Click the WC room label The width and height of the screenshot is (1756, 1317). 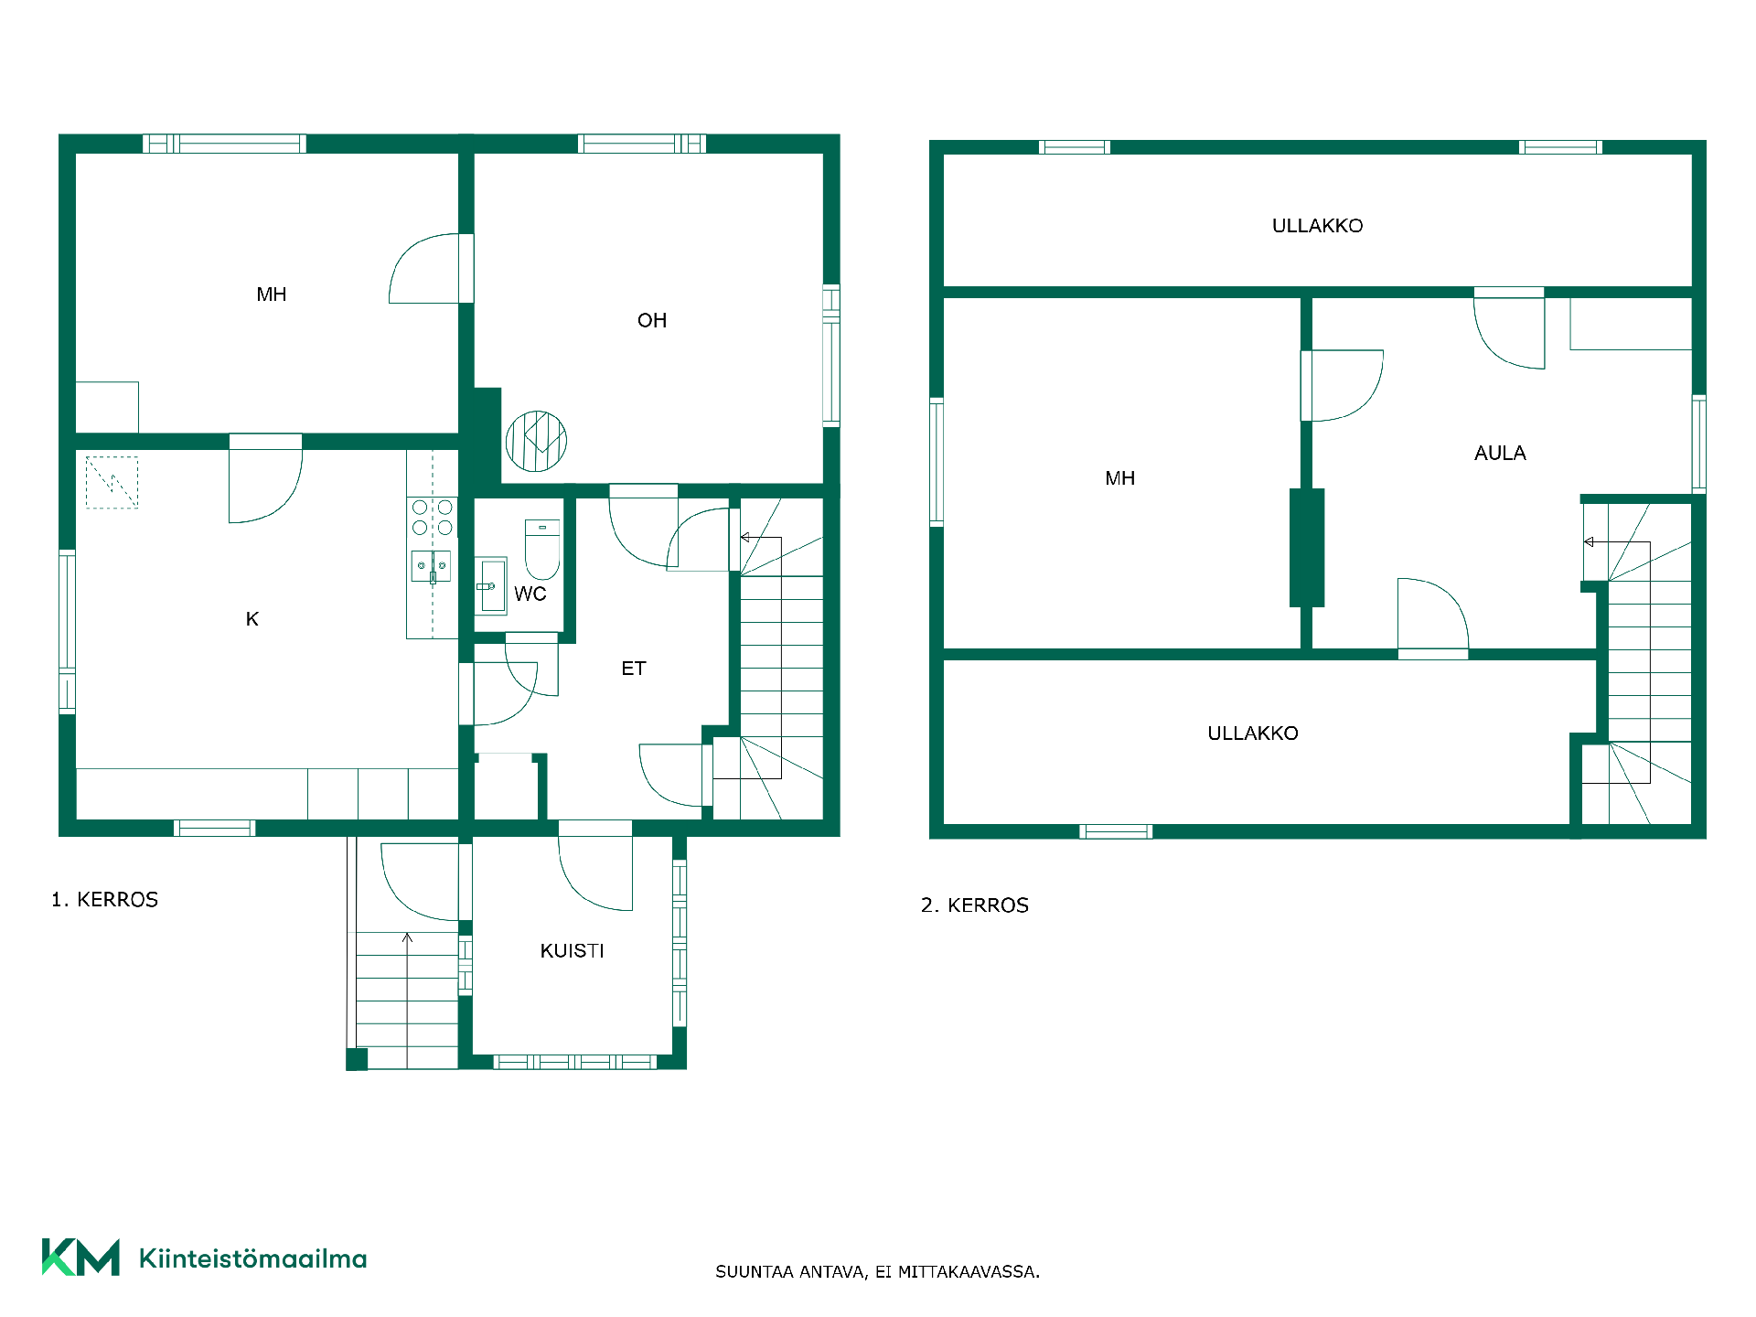click(x=530, y=594)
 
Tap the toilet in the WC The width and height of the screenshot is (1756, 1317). click(x=542, y=550)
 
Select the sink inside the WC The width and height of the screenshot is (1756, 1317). click(x=491, y=586)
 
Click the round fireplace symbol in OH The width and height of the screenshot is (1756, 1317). click(x=536, y=441)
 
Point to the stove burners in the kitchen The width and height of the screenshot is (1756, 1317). click(x=433, y=517)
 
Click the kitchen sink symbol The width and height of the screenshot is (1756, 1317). click(x=432, y=566)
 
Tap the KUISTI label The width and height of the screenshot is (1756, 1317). click(x=573, y=951)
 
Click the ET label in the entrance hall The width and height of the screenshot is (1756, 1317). click(x=634, y=669)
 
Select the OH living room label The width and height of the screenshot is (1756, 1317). click(x=652, y=320)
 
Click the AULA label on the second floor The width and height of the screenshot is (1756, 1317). click(x=1500, y=453)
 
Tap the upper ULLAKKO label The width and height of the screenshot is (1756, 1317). click(x=1317, y=226)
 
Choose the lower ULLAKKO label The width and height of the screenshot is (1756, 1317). click(x=1253, y=733)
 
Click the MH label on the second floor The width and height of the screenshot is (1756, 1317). click(x=1120, y=478)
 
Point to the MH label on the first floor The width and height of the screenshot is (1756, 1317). click(x=272, y=294)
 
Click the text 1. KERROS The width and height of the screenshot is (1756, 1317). click(x=105, y=900)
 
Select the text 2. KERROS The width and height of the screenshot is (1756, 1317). click(x=975, y=905)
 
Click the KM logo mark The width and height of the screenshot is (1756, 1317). click(x=80, y=1258)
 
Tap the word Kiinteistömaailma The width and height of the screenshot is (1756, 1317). click(x=252, y=1258)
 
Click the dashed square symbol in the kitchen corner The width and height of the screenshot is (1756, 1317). click(x=112, y=482)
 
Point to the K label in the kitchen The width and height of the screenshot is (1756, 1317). click(x=252, y=619)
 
